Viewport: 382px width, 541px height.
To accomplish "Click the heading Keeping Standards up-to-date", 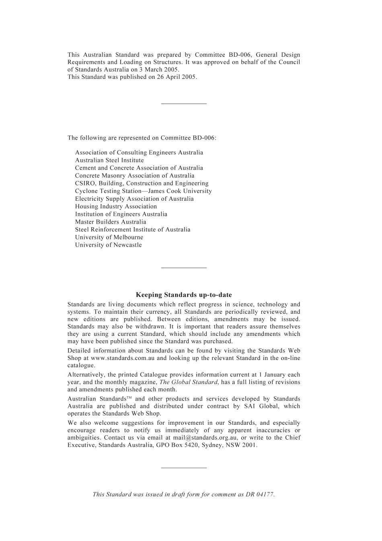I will (184, 295).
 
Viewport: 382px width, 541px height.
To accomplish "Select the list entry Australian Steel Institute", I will (109, 160).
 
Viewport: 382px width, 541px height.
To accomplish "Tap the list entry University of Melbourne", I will (109, 237).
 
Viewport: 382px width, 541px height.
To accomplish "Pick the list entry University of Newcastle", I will (108, 245).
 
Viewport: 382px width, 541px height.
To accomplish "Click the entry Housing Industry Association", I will (116, 206).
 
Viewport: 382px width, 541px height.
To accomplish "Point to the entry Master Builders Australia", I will (111, 222).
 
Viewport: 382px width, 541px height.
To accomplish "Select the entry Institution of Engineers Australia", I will (121, 214).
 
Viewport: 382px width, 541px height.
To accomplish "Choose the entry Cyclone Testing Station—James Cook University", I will (143, 191).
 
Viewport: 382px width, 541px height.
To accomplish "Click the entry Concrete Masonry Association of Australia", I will (134, 175).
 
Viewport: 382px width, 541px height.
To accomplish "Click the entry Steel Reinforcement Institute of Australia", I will (132, 230).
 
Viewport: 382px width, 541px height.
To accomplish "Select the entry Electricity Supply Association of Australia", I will (134, 199).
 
